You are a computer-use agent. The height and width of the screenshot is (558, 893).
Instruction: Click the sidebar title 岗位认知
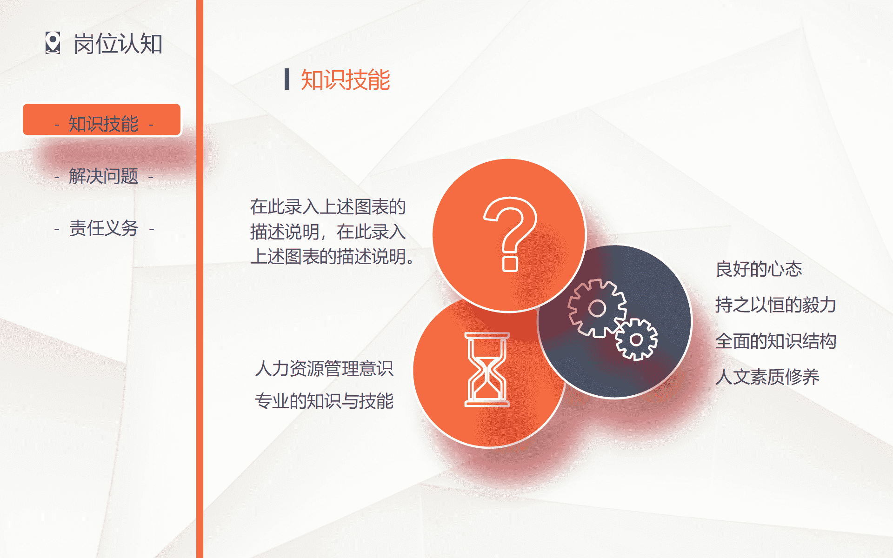coord(118,44)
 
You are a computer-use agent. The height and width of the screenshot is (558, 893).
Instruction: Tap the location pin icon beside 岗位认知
coord(53,43)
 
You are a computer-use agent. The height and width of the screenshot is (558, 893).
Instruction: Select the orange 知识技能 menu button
coord(102,120)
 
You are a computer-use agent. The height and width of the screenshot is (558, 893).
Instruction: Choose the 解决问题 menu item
coord(104,176)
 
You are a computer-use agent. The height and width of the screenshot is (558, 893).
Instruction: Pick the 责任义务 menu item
coord(104,228)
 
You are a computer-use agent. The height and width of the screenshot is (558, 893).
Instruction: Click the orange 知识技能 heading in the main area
coord(346,80)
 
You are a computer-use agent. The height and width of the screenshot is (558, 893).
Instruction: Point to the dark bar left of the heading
coord(287,79)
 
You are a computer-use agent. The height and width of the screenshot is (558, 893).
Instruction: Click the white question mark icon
coord(510,234)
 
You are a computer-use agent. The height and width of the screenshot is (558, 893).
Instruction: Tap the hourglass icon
coord(487,370)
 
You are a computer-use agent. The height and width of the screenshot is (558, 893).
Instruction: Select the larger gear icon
coord(597,308)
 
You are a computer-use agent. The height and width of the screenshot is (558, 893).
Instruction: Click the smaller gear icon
coord(636,340)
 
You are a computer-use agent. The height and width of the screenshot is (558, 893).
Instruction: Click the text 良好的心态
coord(759,269)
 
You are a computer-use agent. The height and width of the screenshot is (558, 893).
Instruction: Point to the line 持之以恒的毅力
coord(776,305)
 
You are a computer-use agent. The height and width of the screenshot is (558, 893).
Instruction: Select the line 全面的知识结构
coord(776,341)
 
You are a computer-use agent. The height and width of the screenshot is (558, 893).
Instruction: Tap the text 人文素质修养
coord(767,377)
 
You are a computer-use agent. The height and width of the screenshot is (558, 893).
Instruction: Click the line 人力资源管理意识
coord(324,369)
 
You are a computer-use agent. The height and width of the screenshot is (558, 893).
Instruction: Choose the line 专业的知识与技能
coord(324,401)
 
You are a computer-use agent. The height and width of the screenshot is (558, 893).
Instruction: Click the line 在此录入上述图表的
coord(328,207)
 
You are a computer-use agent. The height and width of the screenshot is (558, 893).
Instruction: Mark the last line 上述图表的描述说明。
coord(332,257)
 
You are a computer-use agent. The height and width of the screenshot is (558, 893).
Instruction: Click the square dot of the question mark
coord(510,264)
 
